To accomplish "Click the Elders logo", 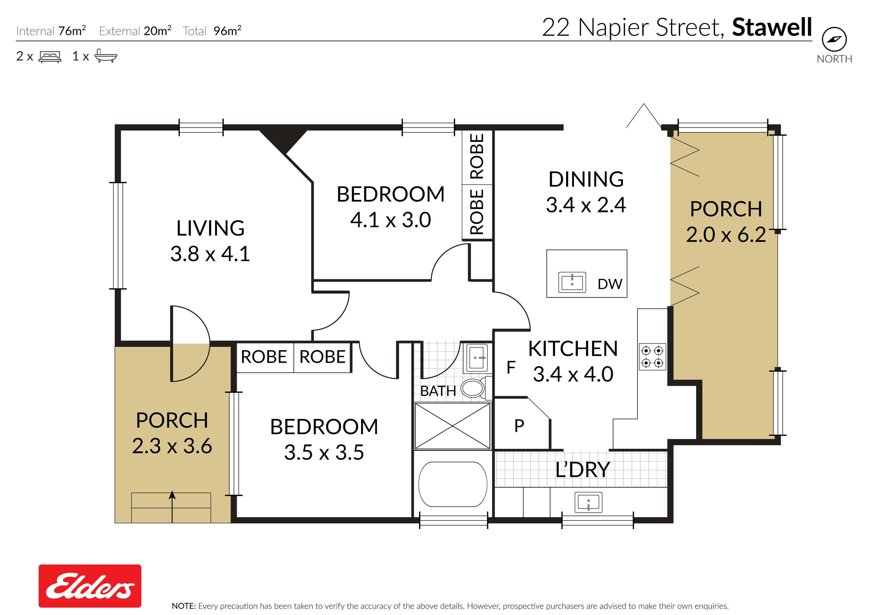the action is point(90,586).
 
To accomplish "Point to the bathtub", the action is point(453,484).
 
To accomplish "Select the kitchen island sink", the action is point(572,282).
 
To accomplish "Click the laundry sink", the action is point(589,502).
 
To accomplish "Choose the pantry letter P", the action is point(519,426).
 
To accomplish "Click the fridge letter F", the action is point(511,367).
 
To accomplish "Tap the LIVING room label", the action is point(210,228).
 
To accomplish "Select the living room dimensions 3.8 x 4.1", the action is point(210,254).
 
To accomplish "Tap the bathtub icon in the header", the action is point(106,56).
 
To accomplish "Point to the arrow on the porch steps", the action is point(172,507).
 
